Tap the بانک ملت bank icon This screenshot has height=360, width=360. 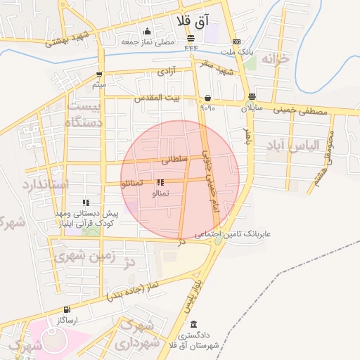pyautogui.click(x=236, y=41)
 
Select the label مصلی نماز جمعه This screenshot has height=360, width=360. pyautogui.click(x=147, y=41)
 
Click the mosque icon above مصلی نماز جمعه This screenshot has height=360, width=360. pyautogui.click(x=147, y=31)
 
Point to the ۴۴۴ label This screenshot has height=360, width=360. pyautogui.click(x=191, y=49)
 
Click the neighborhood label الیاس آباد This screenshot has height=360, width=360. pyautogui.click(x=292, y=145)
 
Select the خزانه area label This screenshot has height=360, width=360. pyautogui.click(x=276, y=60)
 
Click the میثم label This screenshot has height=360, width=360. pyautogui.click(x=99, y=85)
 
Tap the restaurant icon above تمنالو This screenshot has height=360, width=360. pyautogui.click(x=160, y=182)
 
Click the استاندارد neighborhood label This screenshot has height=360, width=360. pyautogui.click(x=44, y=185)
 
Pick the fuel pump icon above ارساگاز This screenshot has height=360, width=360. pyautogui.click(x=67, y=309)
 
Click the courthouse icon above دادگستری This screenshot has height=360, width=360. pyautogui.click(x=193, y=325)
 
